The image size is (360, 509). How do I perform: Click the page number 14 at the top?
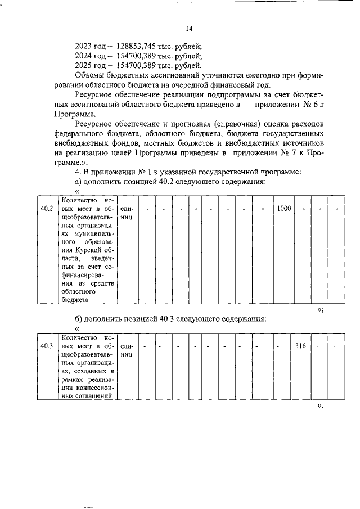point(189,29)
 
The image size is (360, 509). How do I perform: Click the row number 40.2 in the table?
point(47,209)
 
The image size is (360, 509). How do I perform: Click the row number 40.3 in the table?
point(47,346)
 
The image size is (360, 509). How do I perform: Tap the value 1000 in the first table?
point(284,209)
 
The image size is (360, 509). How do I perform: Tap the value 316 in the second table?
point(300,346)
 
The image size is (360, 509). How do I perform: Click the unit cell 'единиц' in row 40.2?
point(127,213)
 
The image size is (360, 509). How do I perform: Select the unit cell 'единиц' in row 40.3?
point(127,350)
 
